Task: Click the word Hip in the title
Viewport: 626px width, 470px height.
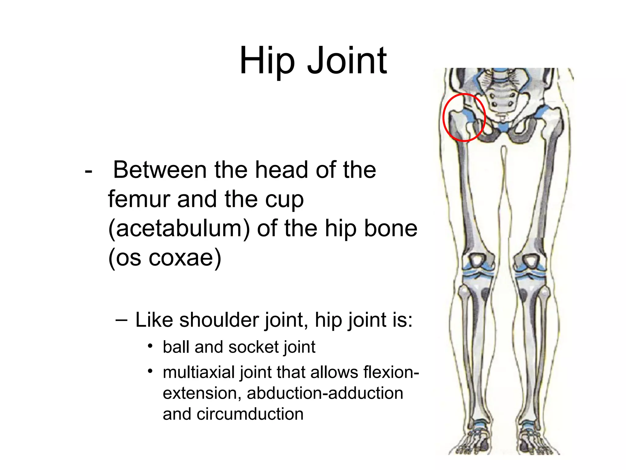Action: coord(267,61)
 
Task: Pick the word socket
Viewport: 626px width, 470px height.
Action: coord(253,347)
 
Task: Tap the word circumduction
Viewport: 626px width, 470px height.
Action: coord(250,414)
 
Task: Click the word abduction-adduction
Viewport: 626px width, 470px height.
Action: coord(325,393)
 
